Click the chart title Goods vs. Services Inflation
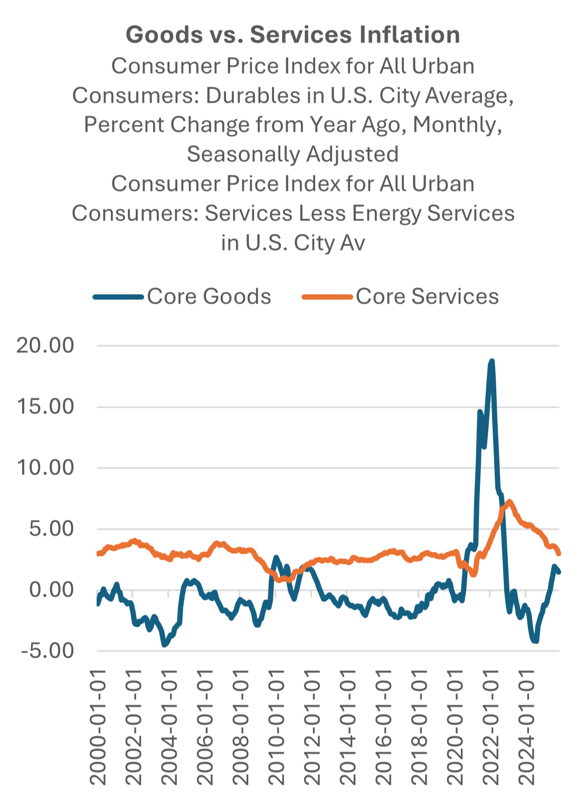click(x=293, y=35)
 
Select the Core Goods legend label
click(x=209, y=296)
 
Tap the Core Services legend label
click(x=427, y=296)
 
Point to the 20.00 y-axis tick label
click(x=45, y=345)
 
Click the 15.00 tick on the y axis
click(x=45, y=407)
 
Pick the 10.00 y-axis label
click(x=45, y=468)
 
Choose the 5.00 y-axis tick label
click(x=52, y=529)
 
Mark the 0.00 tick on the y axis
click(x=52, y=590)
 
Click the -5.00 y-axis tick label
click(x=48, y=651)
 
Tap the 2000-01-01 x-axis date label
click(x=98, y=727)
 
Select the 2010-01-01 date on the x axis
click(x=276, y=727)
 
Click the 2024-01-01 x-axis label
click(x=526, y=727)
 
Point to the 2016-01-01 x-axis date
click(x=383, y=727)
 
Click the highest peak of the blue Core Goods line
click(x=492, y=361)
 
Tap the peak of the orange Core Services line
click(x=509, y=502)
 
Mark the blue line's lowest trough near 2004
click(x=164, y=645)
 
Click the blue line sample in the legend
click(x=118, y=297)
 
